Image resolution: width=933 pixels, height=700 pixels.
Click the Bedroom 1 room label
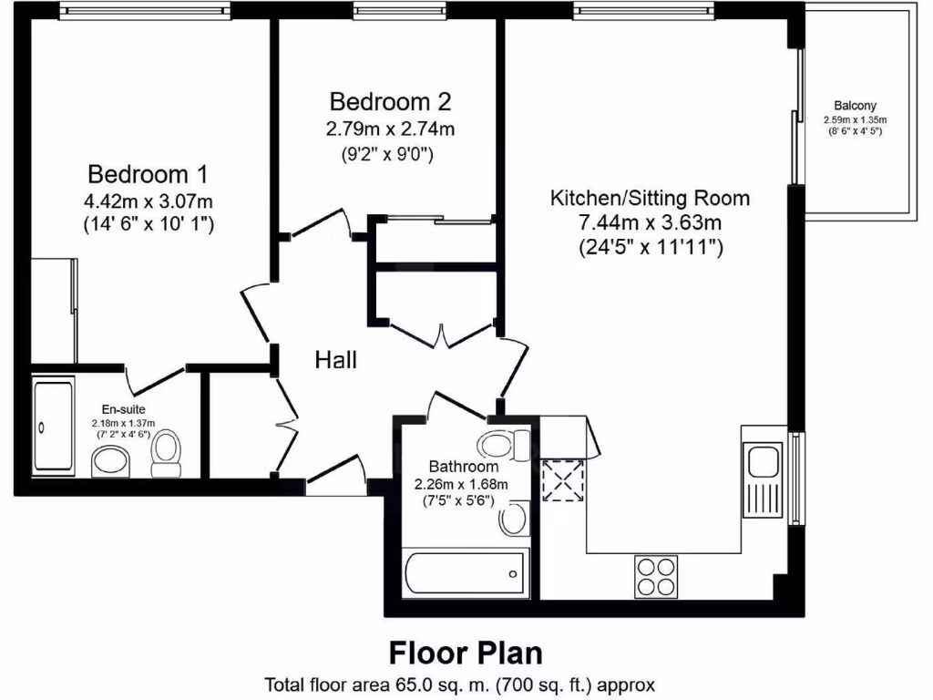coord(149,173)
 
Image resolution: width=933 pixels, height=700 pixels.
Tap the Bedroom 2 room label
coord(390,100)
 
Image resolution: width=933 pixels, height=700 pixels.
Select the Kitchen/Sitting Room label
coord(650,198)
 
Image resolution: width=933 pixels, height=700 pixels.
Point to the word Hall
coord(335,360)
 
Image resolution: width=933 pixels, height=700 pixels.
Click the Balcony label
coord(855,105)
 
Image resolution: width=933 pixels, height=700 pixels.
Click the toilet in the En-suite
coord(166,453)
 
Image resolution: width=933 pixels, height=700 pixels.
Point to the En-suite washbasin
coord(111,461)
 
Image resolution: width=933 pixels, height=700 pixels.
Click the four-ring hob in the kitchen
coord(656,575)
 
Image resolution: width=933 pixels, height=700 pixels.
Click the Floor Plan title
coord(466,653)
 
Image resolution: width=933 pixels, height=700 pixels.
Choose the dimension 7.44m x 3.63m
coord(650,223)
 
